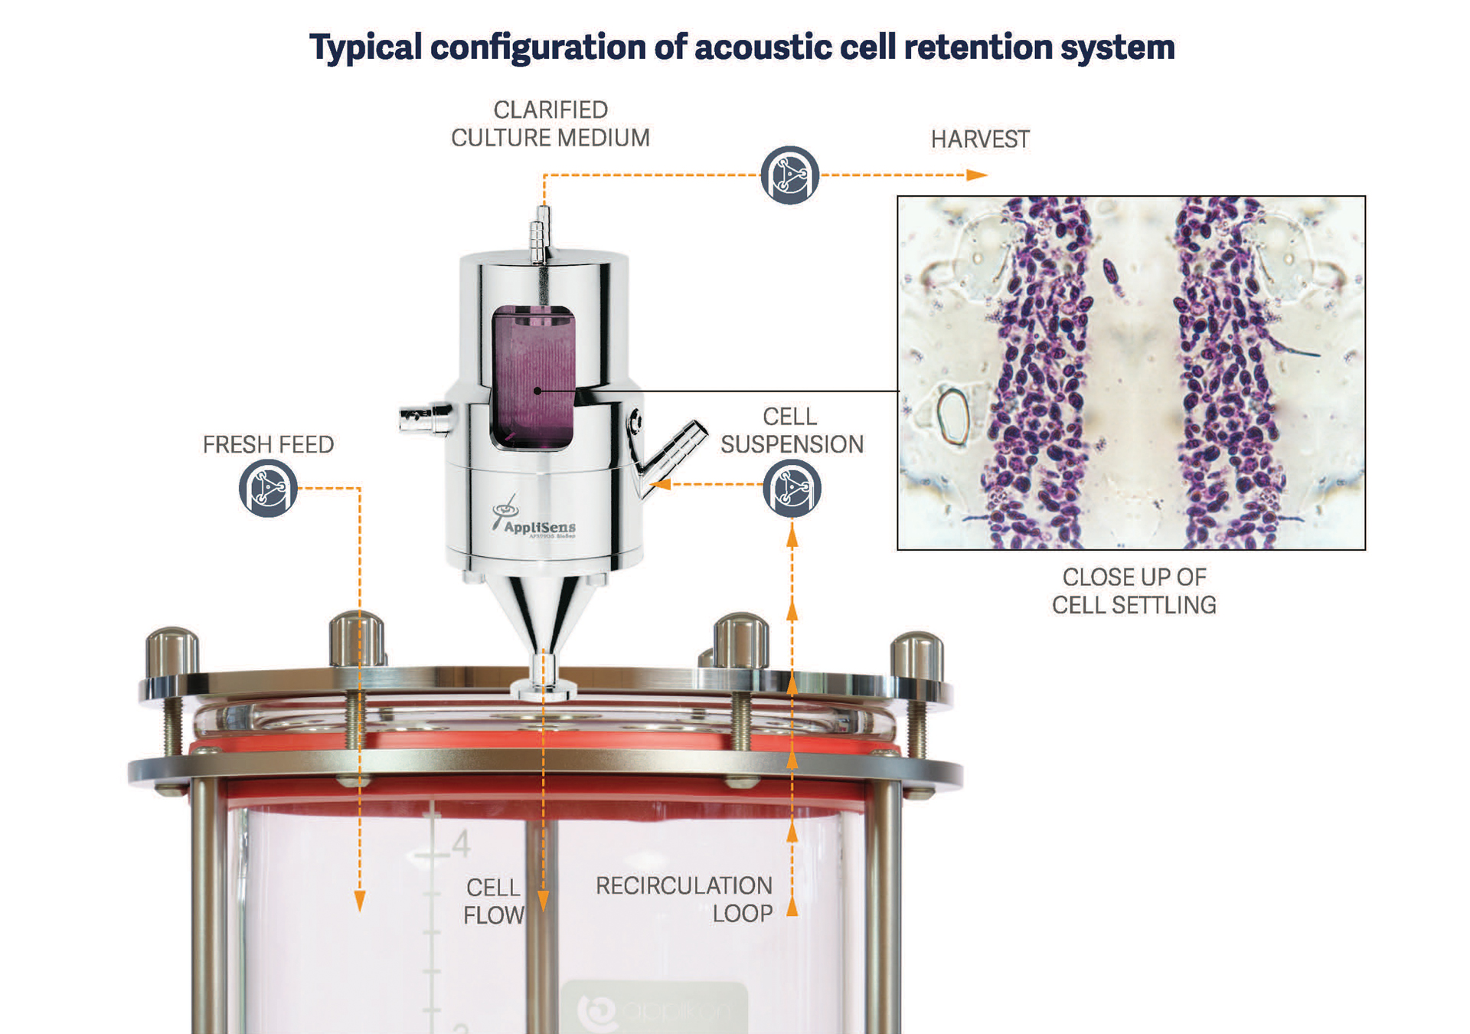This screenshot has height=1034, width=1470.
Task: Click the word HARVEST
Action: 980,139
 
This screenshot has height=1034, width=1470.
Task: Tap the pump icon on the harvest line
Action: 789,175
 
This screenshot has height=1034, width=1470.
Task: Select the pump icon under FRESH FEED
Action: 268,489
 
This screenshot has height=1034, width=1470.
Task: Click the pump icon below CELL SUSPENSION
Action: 792,489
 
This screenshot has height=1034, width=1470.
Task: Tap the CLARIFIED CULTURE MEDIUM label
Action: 550,124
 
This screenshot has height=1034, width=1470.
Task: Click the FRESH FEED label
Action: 268,444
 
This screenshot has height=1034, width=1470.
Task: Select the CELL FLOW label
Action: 494,901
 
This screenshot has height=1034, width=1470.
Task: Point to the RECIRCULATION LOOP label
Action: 684,899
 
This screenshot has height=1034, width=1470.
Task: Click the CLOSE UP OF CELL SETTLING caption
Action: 1134,591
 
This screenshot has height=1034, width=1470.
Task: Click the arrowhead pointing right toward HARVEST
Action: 977,175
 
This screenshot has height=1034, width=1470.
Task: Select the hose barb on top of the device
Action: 541,233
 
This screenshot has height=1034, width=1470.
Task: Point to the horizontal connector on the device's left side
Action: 425,419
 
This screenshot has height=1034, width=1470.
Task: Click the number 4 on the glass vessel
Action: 460,845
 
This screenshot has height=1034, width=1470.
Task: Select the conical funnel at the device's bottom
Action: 544,613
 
